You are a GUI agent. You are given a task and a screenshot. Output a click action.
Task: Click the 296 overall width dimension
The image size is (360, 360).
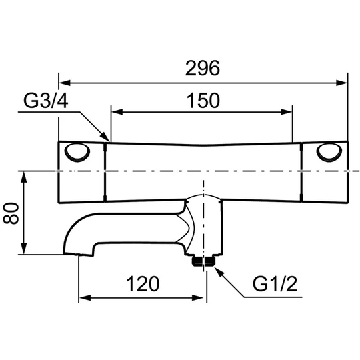[x=203, y=68]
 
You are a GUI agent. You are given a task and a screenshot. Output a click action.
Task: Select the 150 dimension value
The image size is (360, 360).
[x=203, y=101]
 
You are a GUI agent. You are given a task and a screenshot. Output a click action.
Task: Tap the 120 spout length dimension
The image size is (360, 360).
[x=143, y=284]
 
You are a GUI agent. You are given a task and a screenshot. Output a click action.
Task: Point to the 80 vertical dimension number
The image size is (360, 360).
[x=11, y=213]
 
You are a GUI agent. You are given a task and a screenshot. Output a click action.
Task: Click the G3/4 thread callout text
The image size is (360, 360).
[x=46, y=101]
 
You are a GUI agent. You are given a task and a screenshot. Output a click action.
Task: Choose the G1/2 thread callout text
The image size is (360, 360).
[x=275, y=284]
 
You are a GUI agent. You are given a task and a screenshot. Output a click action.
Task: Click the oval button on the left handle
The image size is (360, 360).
[x=77, y=152]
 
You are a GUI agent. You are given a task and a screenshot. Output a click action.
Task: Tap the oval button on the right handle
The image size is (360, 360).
[x=329, y=152]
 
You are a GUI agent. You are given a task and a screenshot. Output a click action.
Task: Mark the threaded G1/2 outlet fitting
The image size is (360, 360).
[x=203, y=261]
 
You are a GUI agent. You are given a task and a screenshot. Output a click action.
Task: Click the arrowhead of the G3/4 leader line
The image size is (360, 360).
[x=105, y=137]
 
